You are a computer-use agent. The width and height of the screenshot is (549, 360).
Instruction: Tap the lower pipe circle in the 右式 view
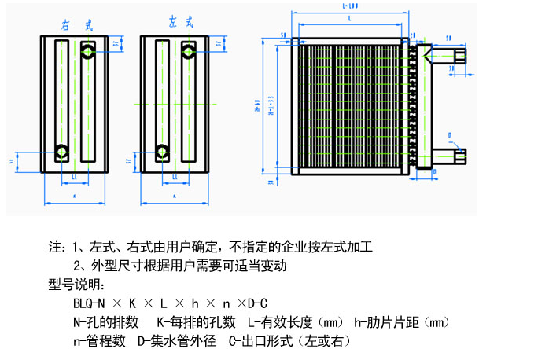tap(61, 150)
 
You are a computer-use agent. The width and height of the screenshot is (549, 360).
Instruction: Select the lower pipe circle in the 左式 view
tap(162, 150)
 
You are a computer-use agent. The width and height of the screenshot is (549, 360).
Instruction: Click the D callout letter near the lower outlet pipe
tap(449, 135)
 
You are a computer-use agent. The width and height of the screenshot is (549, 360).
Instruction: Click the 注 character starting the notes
tap(55, 247)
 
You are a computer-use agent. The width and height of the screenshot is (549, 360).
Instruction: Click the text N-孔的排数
tap(105, 322)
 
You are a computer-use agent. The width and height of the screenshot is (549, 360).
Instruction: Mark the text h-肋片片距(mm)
tap(401, 322)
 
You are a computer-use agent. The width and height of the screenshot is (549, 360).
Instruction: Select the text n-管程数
tap(99, 341)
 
